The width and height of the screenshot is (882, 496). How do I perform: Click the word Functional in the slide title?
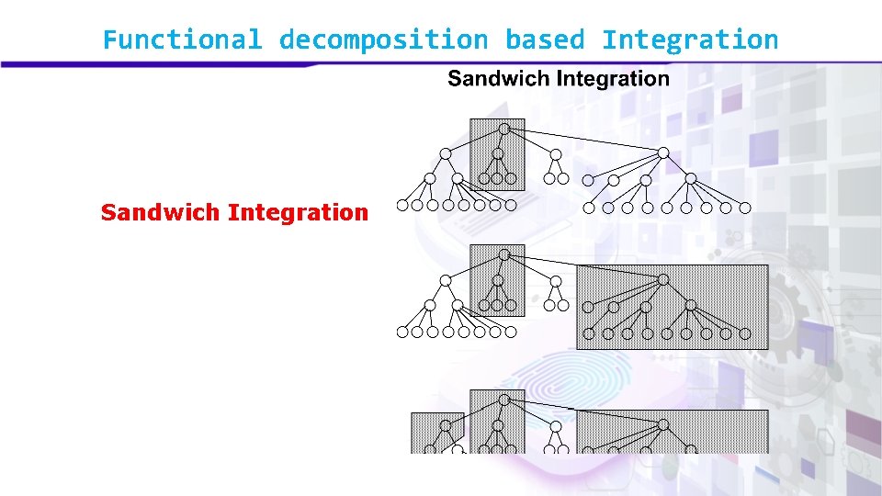pyautogui.click(x=182, y=40)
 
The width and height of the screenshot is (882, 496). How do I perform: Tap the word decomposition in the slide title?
pyautogui.click(x=383, y=40)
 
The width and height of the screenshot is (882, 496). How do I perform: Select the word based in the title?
pyautogui.click(x=544, y=40)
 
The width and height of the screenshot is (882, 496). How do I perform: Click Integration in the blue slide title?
pyautogui.click(x=690, y=40)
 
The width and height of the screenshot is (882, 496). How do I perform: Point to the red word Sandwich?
pyautogui.click(x=160, y=213)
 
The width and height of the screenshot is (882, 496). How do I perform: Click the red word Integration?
pyautogui.click(x=298, y=213)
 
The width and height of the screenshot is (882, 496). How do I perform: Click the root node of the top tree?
pyautogui.click(x=503, y=129)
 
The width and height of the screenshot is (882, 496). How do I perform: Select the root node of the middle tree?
pyautogui.click(x=503, y=254)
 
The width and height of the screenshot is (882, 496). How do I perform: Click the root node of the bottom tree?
pyautogui.click(x=503, y=400)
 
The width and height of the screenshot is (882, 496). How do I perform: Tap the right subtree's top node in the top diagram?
pyautogui.click(x=663, y=152)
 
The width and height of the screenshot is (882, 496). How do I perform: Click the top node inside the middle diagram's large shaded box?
pyautogui.click(x=663, y=279)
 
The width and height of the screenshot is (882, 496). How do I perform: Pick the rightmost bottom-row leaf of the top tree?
pyautogui.click(x=745, y=208)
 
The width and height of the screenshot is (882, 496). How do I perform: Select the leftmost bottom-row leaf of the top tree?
pyautogui.click(x=401, y=206)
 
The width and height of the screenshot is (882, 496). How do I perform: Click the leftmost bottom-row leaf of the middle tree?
pyautogui.click(x=401, y=333)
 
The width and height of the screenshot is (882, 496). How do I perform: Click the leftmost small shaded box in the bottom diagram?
pyautogui.click(x=437, y=432)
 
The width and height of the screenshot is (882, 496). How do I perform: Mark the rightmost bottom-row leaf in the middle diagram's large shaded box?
pyautogui.click(x=745, y=333)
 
